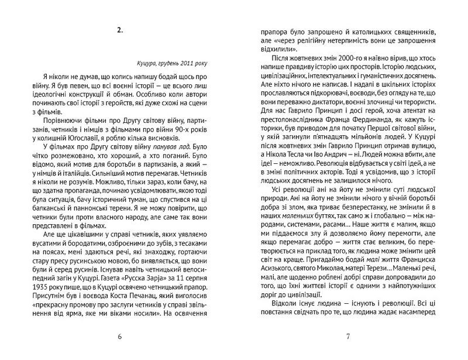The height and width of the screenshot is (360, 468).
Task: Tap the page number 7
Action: (347, 337)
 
